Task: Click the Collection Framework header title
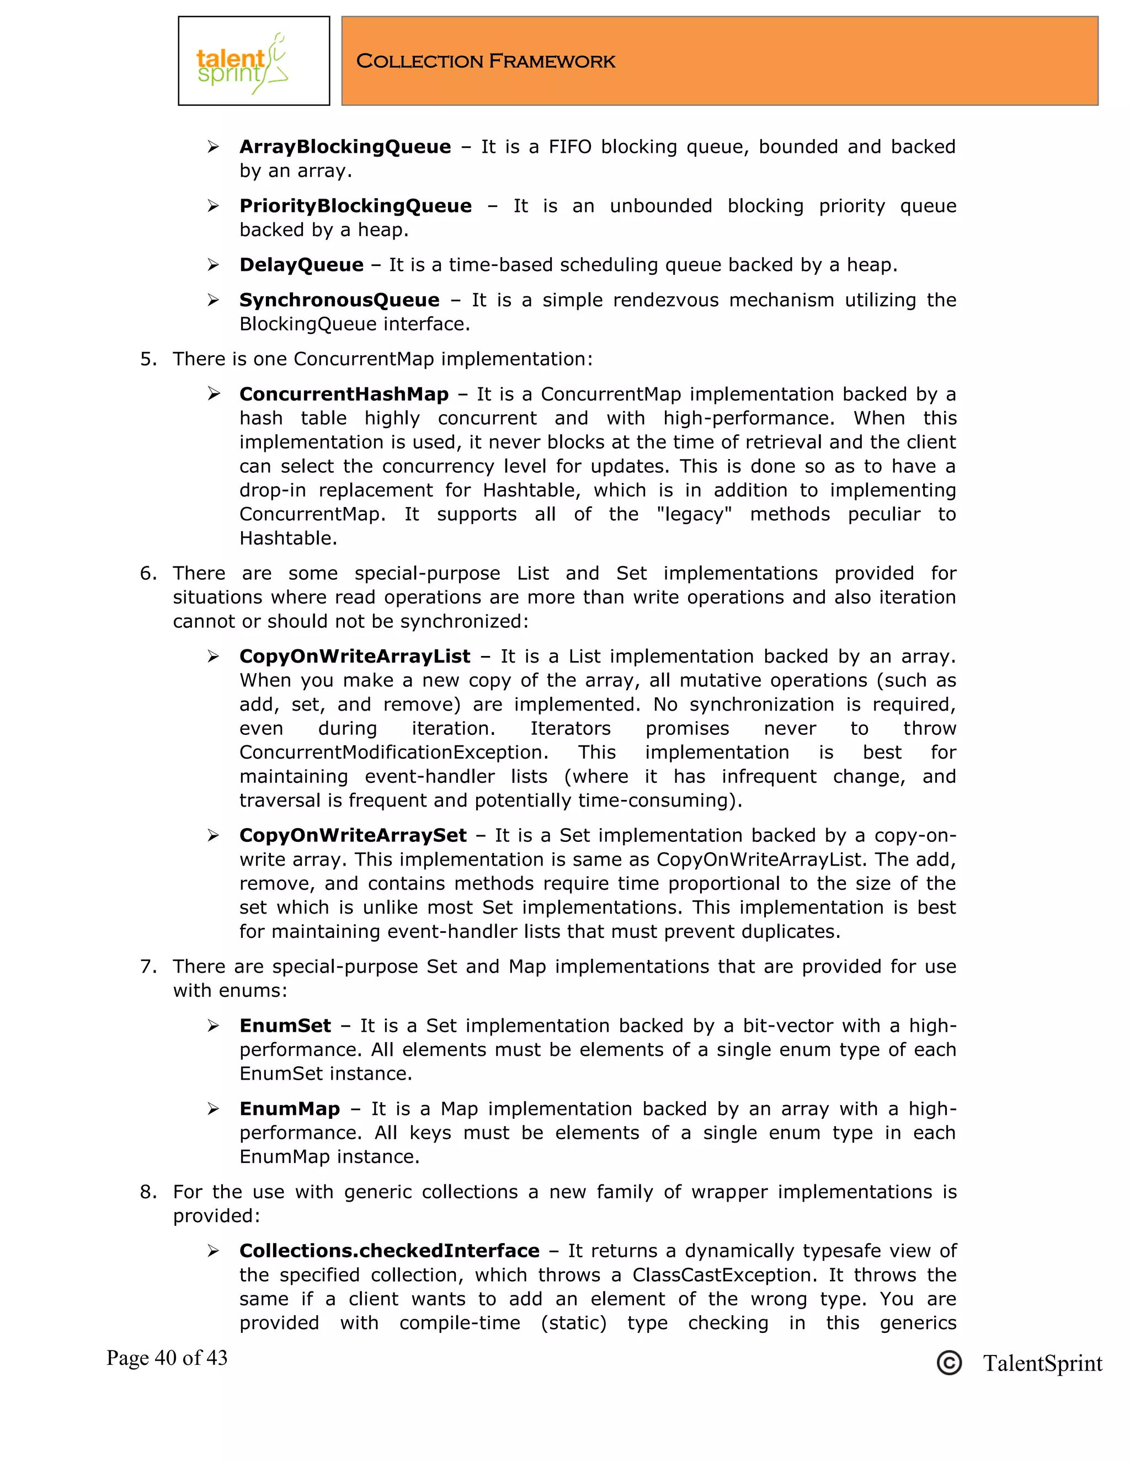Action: pos(486,62)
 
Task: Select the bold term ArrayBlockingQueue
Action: pos(345,147)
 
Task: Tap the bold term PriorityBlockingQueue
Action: pos(355,206)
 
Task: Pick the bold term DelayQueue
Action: pos(301,265)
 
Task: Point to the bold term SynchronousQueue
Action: pos(339,300)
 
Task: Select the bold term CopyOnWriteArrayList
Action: pos(355,656)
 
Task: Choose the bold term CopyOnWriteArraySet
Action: pos(353,835)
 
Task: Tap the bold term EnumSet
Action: pos(285,1026)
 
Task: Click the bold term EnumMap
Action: pos(289,1108)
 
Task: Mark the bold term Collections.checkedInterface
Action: pos(389,1251)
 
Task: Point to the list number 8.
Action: pos(147,1192)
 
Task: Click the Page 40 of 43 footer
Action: pos(167,1358)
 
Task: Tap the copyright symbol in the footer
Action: pos(948,1363)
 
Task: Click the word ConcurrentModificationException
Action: pos(393,753)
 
